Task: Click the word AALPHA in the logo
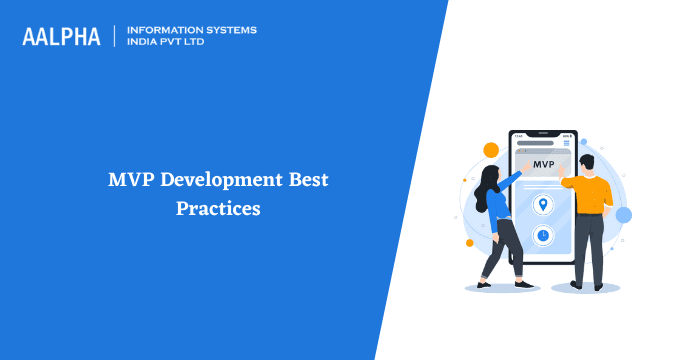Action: point(61,37)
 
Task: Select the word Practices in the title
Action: point(218,209)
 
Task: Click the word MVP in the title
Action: point(131,181)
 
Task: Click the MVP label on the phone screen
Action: point(543,163)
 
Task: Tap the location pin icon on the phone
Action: point(543,205)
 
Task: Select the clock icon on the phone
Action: point(543,235)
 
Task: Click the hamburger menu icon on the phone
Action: point(567,143)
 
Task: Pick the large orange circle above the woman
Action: point(491,150)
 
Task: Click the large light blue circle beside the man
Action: point(624,214)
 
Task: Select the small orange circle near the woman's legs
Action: point(469,242)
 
